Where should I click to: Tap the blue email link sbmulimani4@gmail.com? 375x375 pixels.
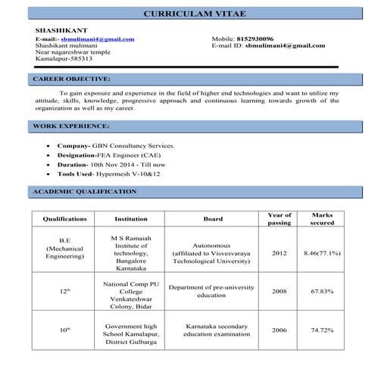tap(98, 39)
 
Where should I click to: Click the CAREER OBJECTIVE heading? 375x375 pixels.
tap(72, 79)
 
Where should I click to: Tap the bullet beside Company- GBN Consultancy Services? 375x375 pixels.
tap(50, 145)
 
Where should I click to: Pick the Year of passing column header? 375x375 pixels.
tap(280, 220)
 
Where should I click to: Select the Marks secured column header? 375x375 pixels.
tap(322, 220)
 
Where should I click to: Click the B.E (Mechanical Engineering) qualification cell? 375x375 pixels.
tap(64, 252)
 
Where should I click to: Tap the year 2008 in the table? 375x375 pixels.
tap(280, 291)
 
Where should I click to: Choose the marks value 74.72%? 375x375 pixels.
tap(322, 330)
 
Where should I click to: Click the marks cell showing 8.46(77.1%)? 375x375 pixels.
tap(322, 252)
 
